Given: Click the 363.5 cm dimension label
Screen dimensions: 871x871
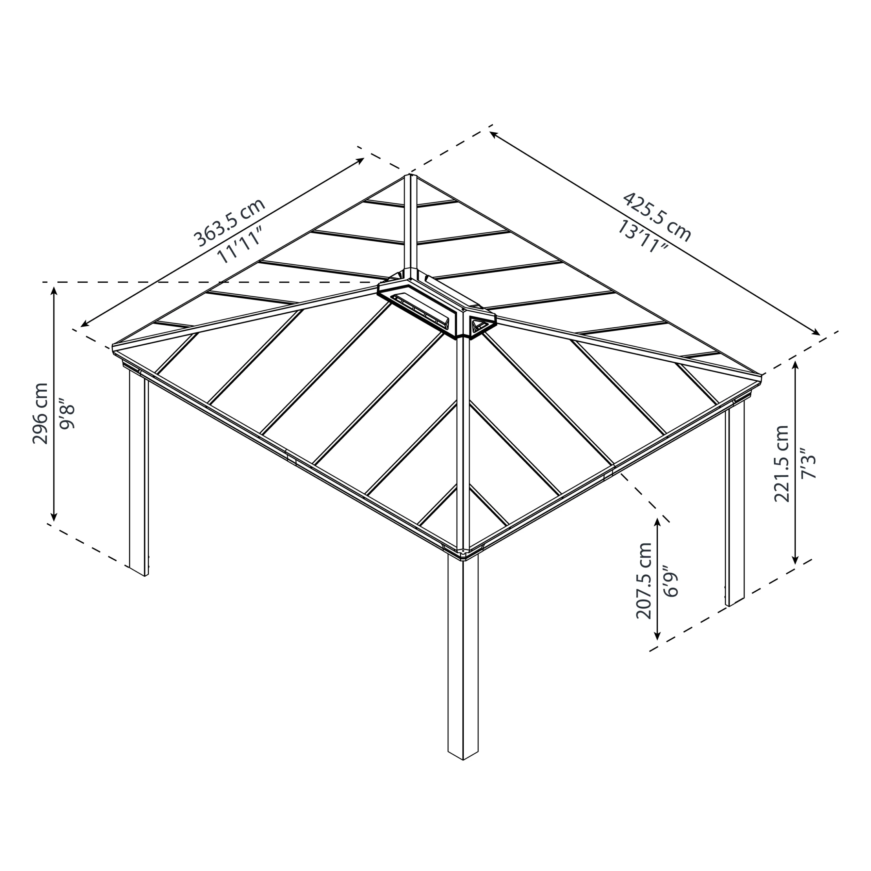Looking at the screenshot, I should [x=229, y=223].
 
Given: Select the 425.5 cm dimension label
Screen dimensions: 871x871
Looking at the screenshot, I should [x=657, y=217].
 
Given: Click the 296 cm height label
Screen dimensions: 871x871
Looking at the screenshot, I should [x=40, y=413].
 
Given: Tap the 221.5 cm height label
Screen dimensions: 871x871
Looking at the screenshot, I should [x=781, y=463].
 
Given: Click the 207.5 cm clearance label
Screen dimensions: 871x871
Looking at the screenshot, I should [x=644, y=581].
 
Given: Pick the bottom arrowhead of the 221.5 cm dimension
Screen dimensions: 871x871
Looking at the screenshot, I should [x=795, y=562].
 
